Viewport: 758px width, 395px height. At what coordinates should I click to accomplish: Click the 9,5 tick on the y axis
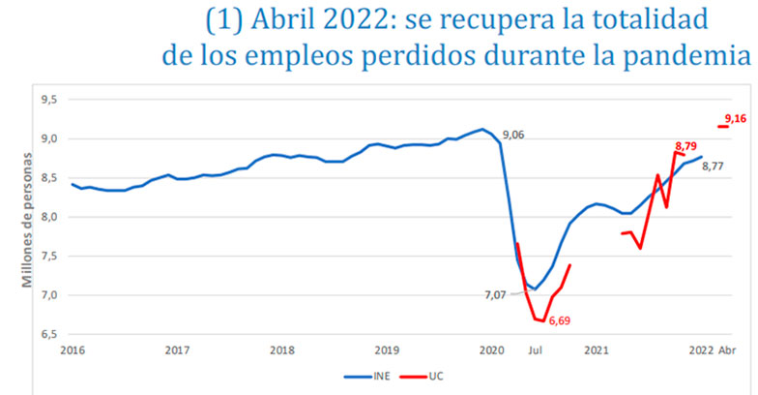coord(46,100)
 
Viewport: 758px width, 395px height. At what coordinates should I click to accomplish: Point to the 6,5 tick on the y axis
coord(46,334)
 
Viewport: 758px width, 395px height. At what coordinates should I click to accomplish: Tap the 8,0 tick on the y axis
coord(46,217)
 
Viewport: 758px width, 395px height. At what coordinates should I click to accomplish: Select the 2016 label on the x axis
coord(72,349)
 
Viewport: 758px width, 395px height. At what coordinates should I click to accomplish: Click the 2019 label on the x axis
coord(386,349)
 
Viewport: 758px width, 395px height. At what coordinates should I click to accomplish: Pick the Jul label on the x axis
coord(534,349)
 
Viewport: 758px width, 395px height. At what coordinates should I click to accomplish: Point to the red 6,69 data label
coord(561,319)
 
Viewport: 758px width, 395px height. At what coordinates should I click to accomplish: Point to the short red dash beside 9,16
coord(722,126)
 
